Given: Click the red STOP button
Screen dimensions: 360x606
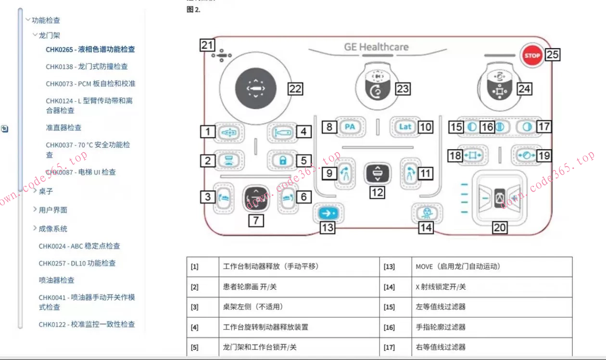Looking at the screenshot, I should tap(532, 55).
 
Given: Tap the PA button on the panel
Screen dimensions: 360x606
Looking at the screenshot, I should tap(350, 127).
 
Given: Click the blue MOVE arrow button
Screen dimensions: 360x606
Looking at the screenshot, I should tap(328, 212).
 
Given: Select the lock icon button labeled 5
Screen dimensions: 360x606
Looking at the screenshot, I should tap(283, 160).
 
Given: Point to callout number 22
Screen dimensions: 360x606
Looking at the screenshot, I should tap(295, 89).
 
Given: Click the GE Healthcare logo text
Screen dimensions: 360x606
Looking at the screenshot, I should tap(376, 47).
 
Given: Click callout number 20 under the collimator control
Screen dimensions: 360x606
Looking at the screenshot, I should tap(500, 227).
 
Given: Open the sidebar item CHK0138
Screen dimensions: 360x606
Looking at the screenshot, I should tap(87, 67).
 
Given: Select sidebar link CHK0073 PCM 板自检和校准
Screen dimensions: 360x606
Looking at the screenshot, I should tap(90, 84).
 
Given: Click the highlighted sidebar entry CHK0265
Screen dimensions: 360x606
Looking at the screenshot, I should tap(90, 50).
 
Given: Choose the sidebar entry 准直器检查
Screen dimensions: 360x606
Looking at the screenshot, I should tap(63, 128).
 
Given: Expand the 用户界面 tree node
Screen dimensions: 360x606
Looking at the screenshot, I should tap(53, 210).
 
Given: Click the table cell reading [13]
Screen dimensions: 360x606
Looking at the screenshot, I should tap(389, 267).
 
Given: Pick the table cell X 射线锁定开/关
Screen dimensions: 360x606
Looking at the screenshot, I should tap(441, 287).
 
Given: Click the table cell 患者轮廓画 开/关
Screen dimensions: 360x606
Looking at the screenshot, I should tap(250, 287).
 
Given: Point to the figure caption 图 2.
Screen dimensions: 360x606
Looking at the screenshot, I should tap(193, 10).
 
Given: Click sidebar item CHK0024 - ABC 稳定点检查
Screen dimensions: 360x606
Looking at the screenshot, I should tap(79, 246).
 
